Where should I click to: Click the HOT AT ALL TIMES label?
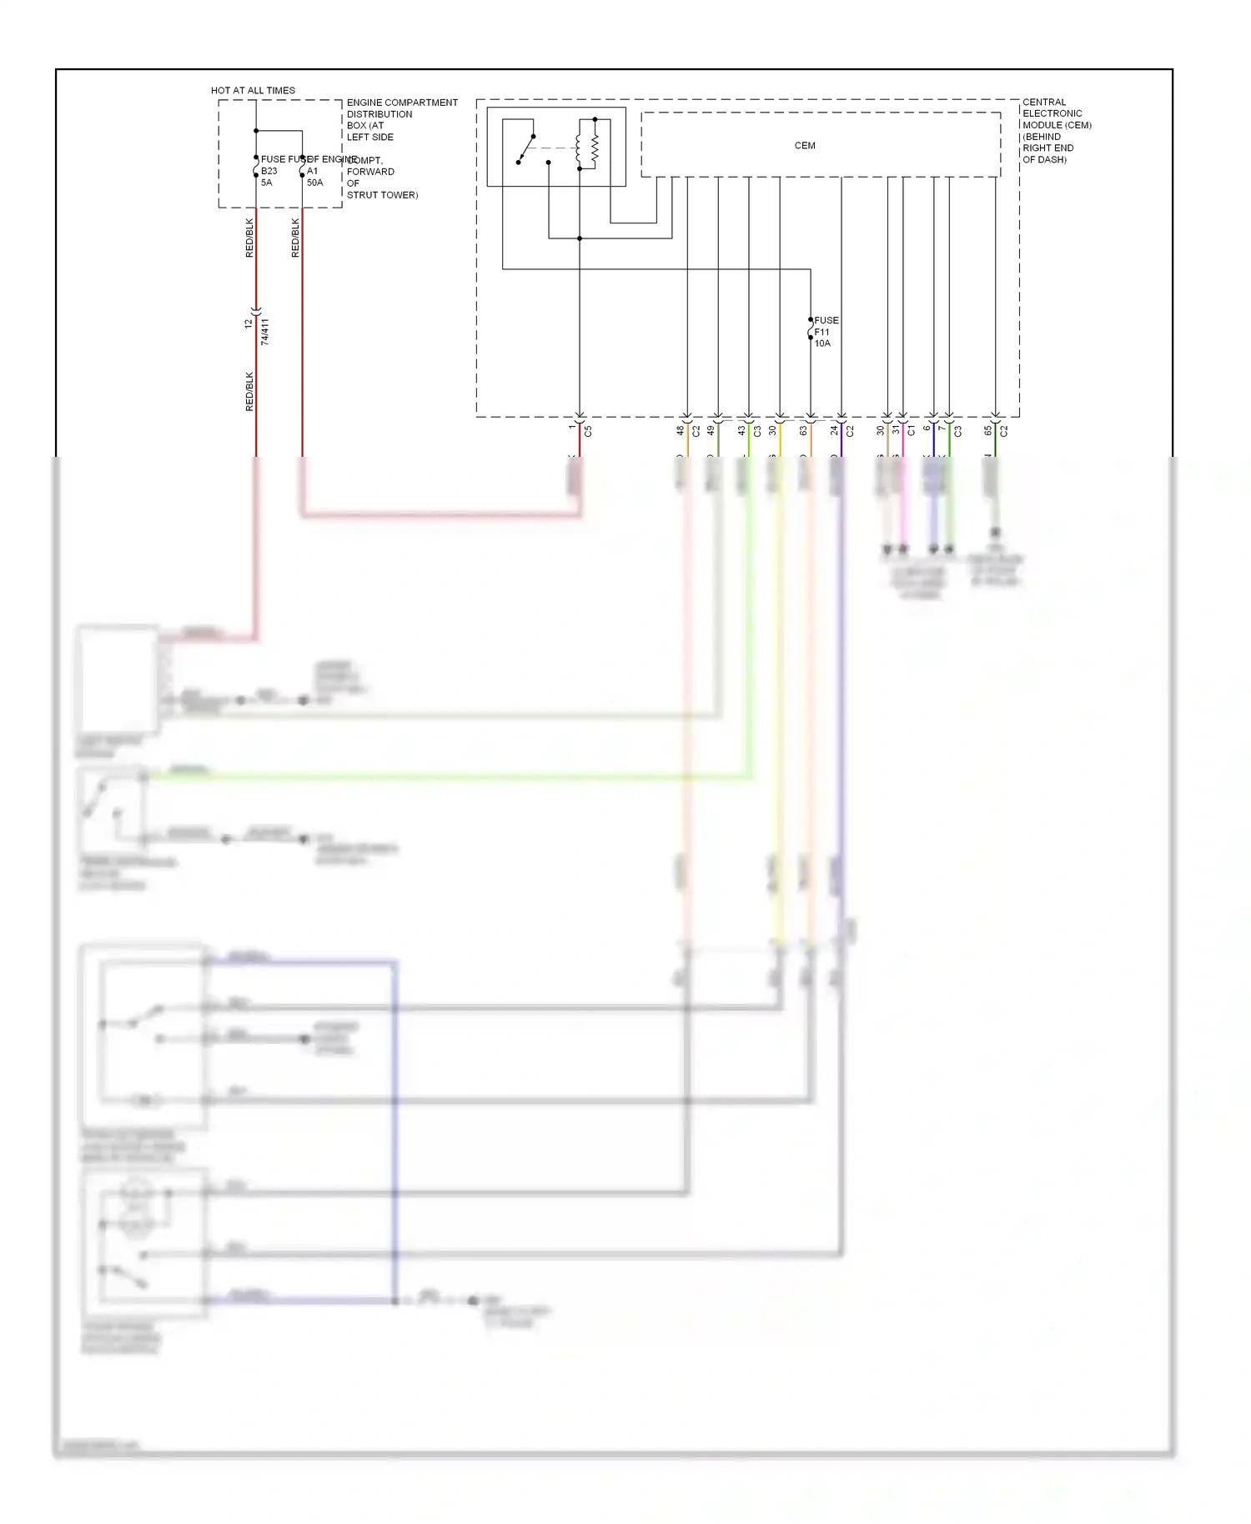253,90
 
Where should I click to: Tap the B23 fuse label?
269,171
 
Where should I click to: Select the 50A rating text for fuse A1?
314,183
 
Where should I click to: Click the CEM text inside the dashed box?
804,146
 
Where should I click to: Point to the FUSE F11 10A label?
826,332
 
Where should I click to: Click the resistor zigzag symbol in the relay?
595,148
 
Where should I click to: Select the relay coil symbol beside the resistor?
578,148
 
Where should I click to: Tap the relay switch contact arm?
525,148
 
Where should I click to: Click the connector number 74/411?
265,331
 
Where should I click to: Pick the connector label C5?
588,431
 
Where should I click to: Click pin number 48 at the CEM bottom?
680,430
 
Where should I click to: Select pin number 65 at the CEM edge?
987,430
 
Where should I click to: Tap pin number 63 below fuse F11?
803,430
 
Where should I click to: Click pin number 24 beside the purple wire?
833,430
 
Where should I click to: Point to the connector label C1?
911,430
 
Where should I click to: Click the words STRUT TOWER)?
382,195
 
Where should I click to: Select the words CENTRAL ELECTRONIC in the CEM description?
1052,108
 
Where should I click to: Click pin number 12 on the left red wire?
248,323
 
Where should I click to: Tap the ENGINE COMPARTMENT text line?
402,103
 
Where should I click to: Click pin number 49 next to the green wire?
711,430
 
